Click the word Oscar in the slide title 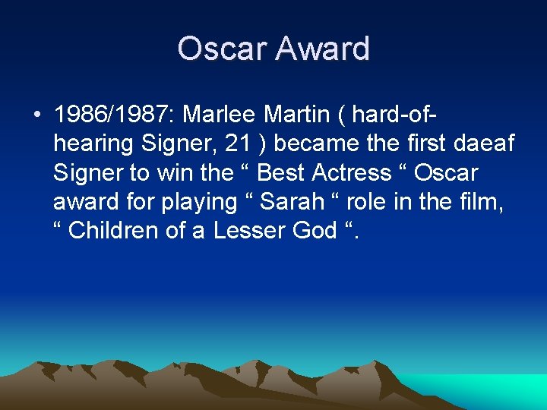[223, 49]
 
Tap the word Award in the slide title [323, 49]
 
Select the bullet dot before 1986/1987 [36, 115]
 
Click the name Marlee [221, 115]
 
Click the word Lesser [245, 231]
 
